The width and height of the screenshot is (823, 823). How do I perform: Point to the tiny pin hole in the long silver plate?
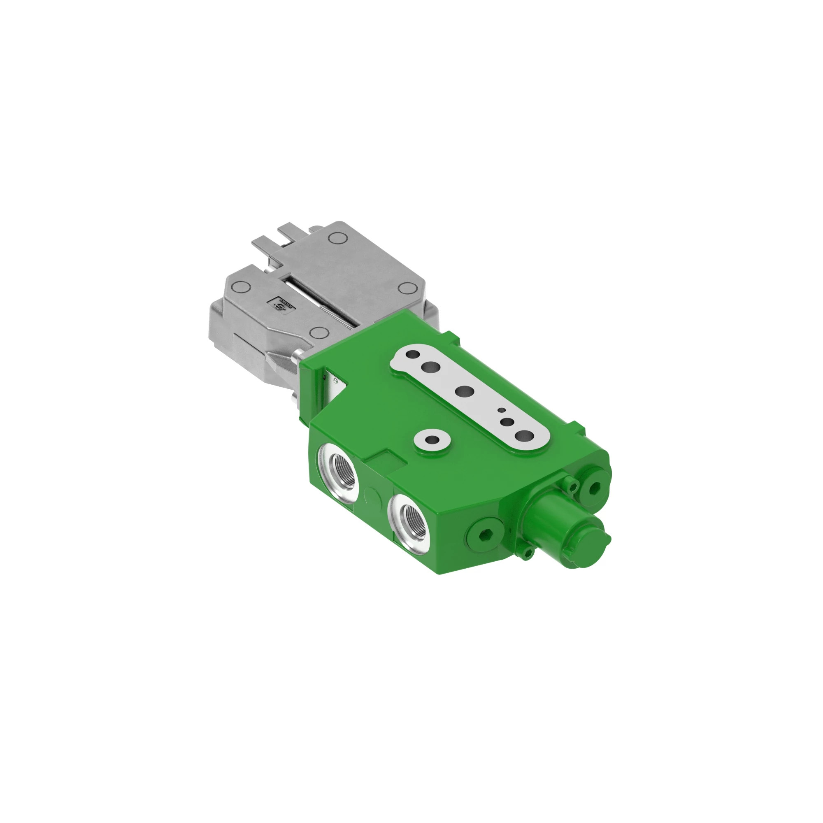point(502,410)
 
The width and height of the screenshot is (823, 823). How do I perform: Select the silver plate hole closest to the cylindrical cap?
point(524,435)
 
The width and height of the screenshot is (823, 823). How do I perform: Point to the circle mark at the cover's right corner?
point(407,288)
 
